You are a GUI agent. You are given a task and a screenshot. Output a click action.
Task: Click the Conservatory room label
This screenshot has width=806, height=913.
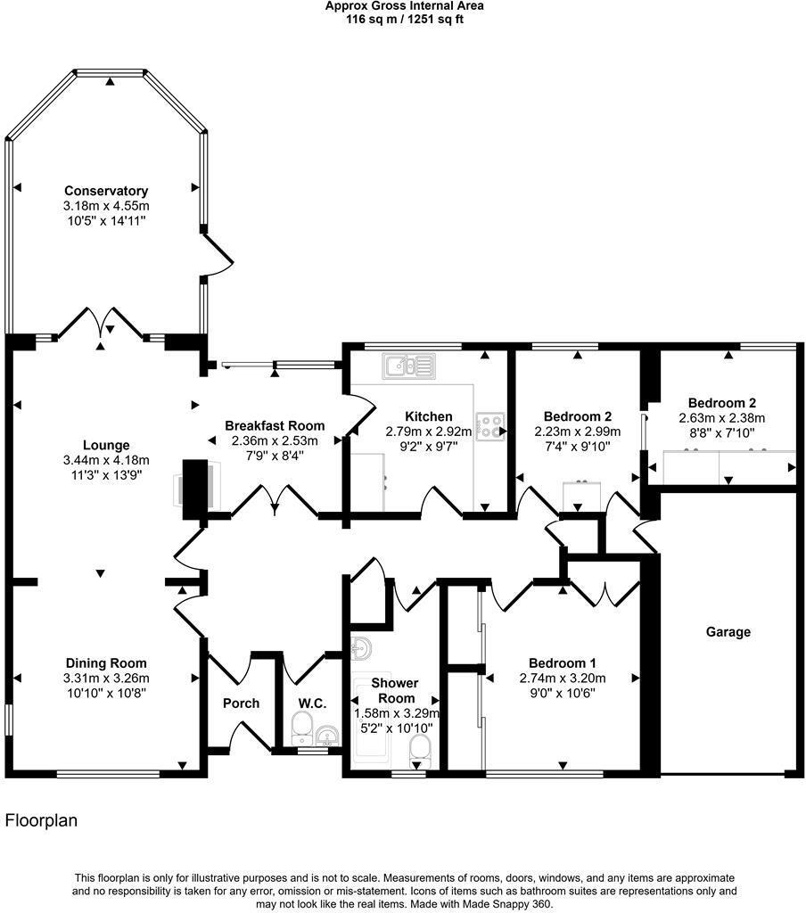click(x=106, y=191)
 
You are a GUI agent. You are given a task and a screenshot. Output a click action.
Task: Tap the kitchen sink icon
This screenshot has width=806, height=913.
click(x=409, y=366)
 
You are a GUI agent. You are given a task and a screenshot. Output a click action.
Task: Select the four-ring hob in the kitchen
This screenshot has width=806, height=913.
click(x=490, y=425)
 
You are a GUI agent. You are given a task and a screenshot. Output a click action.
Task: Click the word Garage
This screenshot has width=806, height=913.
click(x=728, y=632)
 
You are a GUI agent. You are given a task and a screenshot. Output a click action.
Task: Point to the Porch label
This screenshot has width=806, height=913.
click(x=241, y=703)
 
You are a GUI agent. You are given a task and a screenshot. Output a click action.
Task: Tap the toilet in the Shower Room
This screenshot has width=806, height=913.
click(x=419, y=752)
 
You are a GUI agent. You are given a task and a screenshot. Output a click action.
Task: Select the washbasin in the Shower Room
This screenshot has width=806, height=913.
click(x=362, y=648)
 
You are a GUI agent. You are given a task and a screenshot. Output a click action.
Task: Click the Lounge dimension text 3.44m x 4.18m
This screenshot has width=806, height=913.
click(x=106, y=461)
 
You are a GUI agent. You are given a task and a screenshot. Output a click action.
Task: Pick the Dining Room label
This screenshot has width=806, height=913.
click(x=106, y=663)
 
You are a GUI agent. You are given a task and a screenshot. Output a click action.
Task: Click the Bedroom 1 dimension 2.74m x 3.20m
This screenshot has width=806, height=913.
click(x=563, y=679)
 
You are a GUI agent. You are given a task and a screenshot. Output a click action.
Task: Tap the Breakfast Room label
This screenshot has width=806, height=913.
click(x=275, y=425)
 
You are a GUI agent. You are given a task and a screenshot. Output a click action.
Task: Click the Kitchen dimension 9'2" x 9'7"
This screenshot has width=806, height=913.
click(x=429, y=447)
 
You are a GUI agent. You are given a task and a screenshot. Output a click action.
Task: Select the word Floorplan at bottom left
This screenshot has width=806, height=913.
click(x=41, y=821)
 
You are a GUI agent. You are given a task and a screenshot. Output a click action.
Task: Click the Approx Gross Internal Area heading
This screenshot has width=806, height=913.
click(x=404, y=6)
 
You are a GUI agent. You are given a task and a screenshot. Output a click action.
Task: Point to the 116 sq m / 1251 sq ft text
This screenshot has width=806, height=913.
click(x=404, y=20)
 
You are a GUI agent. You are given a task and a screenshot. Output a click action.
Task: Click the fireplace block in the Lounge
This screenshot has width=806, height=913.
click(x=195, y=489)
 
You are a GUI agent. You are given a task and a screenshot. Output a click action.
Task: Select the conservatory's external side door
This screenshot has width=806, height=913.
click(x=218, y=254)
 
